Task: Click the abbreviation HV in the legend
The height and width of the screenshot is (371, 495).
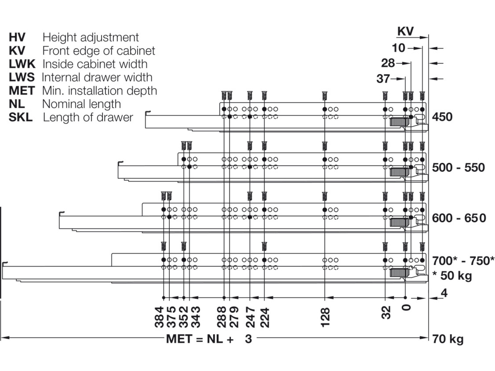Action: click(x=17, y=37)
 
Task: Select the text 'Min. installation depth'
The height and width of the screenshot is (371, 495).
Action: click(x=100, y=91)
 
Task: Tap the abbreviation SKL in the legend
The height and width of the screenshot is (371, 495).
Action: click(x=21, y=117)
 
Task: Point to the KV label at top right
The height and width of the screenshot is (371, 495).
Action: click(x=405, y=32)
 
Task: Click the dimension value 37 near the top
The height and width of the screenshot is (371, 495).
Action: click(x=383, y=79)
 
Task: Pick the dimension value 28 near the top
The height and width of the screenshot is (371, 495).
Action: click(x=388, y=63)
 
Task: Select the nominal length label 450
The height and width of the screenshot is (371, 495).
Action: click(x=442, y=117)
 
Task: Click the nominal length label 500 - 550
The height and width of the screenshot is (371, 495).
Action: click(x=458, y=168)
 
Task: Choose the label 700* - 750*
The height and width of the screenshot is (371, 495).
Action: click(x=463, y=261)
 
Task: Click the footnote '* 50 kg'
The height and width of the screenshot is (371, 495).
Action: click(x=452, y=276)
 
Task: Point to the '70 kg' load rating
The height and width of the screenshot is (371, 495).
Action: click(x=448, y=339)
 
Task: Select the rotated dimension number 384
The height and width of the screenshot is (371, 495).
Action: click(x=159, y=317)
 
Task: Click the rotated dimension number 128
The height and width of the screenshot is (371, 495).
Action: click(x=325, y=317)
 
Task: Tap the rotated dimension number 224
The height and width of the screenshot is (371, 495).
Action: click(x=265, y=317)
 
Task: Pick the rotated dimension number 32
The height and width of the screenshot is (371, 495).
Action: click(x=386, y=313)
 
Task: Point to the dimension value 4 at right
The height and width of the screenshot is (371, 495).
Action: click(x=444, y=293)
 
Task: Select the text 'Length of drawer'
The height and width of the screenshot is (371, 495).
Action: click(x=88, y=117)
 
